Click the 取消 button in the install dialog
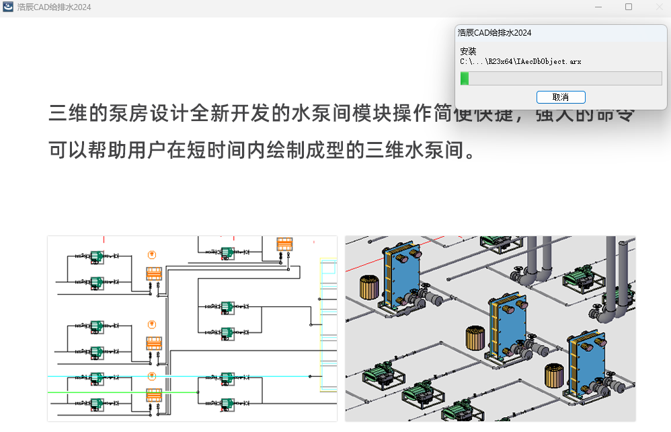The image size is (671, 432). (561, 97)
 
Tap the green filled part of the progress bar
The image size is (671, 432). (465, 79)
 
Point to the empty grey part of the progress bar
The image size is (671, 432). (565, 79)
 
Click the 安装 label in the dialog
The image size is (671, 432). (468, 51)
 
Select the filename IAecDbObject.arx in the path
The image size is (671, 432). (549, 61)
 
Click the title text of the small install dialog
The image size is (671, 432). (494, 32)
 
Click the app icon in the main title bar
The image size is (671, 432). (9, 7)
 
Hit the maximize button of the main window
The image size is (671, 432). (629, 7)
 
